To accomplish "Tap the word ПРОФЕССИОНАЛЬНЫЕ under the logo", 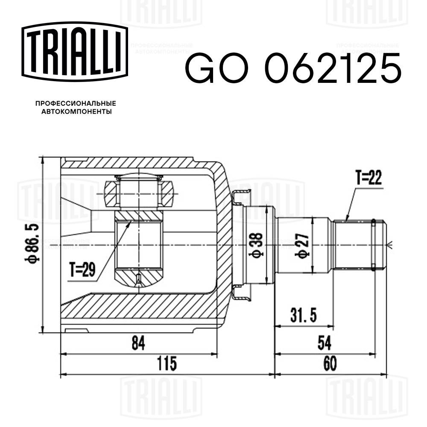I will [x=76, y=103].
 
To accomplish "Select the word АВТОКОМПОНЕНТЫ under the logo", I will [x=76, y=112].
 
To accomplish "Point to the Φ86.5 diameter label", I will [x=36, y=245].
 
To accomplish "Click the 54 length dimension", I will [x=325, y=342].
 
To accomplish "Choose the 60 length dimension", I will [x=330, y=364].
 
